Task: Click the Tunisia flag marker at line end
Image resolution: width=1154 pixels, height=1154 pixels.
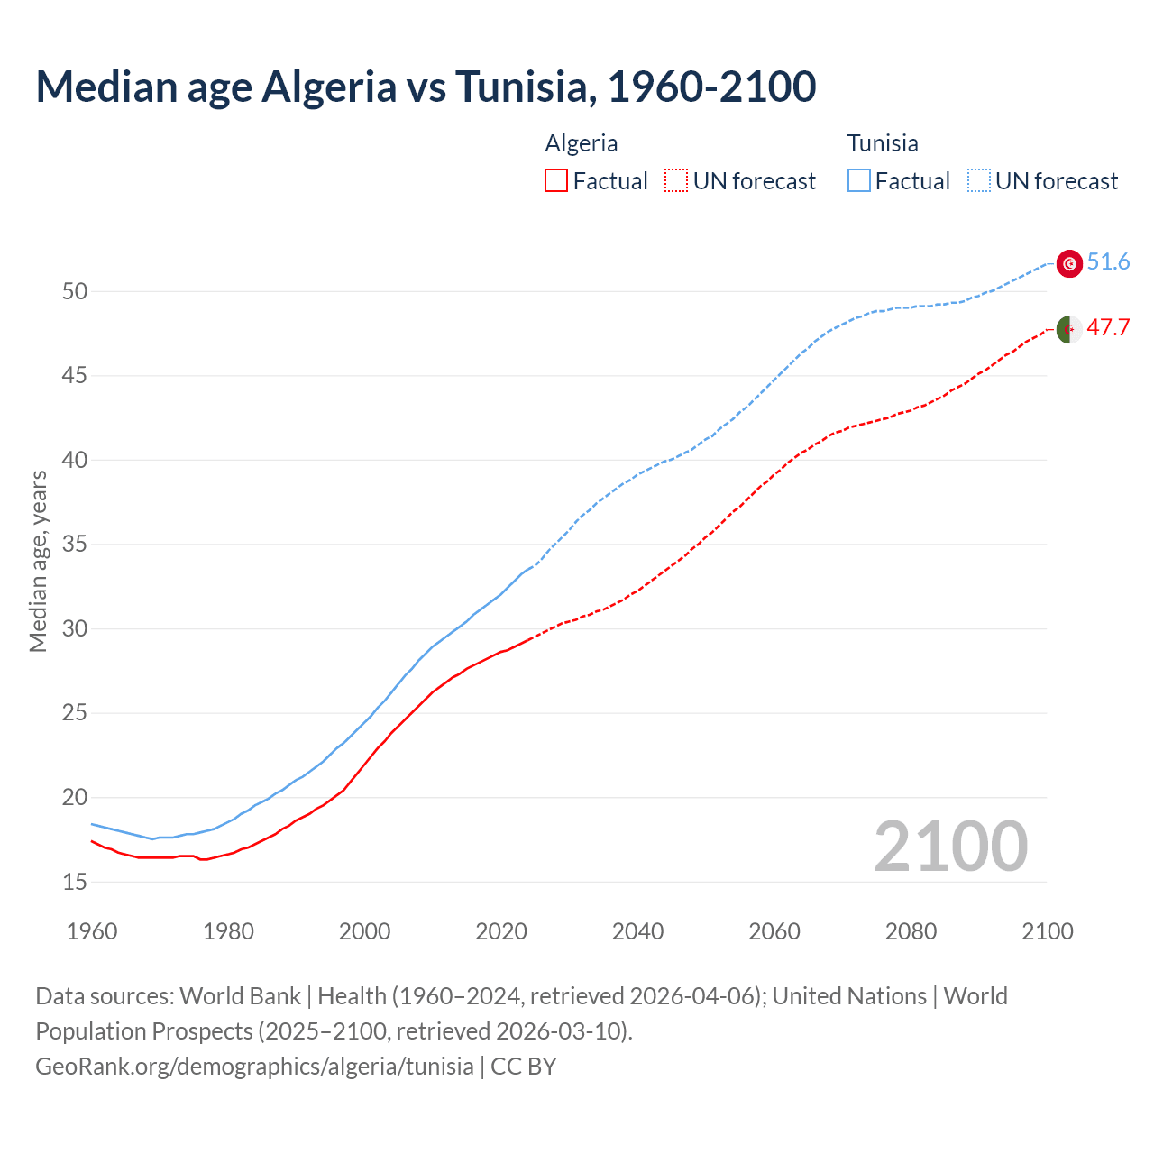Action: (x=1069, y=263)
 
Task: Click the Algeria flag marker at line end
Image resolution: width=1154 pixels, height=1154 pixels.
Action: (x=1069, y=330)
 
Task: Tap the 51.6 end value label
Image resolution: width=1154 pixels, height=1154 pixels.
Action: (x=1108, y=262)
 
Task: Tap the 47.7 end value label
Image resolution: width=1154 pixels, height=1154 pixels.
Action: (x=1108, y=327)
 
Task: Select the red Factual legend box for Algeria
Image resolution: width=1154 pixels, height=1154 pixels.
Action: (x=556, y=181)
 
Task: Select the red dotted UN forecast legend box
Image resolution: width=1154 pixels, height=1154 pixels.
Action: (x=676, y=181)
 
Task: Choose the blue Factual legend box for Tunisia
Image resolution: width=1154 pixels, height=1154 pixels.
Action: (x=859, y=181)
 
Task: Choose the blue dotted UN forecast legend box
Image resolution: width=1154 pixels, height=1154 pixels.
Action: (x=978, y=181)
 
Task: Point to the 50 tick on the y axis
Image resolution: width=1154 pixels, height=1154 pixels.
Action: (x=75, y=291)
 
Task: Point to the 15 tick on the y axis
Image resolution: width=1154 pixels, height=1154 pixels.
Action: (x=75, y=882)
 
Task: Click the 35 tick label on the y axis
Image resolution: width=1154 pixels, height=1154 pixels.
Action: (x=75, y=545)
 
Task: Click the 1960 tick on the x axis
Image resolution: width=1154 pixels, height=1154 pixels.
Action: (x=92, y=931)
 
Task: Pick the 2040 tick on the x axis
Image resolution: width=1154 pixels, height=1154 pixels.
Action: (x=637, y=931)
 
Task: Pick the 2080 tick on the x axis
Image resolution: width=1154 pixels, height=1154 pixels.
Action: (x=911, y=931)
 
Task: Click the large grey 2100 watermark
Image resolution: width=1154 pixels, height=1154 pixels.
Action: (x=950, y=847)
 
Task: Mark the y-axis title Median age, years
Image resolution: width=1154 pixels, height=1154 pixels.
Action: (x=38, y=561)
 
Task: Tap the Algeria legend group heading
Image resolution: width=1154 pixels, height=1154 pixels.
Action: (x=582, y=143)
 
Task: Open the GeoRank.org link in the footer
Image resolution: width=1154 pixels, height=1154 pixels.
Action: (x=254, y=1067)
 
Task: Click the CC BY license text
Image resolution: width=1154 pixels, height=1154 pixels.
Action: (x=524, y=1067)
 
